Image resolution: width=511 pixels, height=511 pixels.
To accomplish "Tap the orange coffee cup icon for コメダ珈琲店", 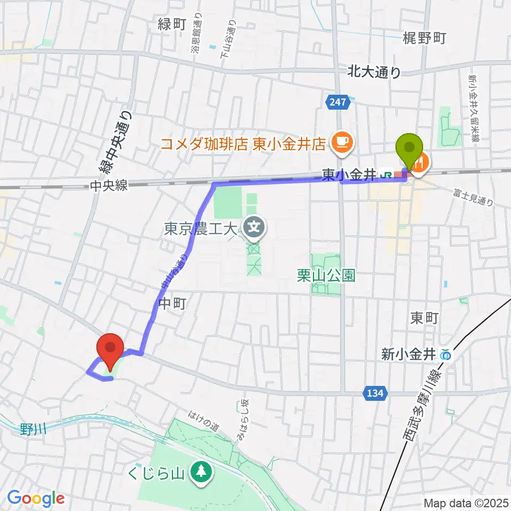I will (339, 141).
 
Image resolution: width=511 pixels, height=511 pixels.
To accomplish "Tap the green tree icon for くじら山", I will (201, 472).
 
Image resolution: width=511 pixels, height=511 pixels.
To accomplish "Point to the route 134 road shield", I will (375, 393).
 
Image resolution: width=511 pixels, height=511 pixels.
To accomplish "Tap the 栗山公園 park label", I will (326, 275).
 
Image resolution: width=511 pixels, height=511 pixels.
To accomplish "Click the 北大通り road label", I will (374, 72).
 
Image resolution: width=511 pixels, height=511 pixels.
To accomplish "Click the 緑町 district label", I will (172, 23).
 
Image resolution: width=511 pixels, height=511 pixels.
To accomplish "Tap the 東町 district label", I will (424, 318).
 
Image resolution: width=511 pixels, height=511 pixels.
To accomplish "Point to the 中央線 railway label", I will (109, 185).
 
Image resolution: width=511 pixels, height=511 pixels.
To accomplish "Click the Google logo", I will (36, 498).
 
